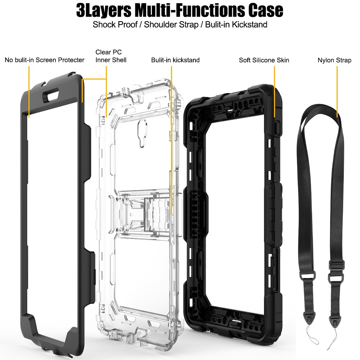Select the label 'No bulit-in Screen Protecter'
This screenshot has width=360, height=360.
(x=45, y=60)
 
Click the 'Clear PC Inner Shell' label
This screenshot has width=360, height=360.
(x=111, y=56)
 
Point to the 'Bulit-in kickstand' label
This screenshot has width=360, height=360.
(x=175, y=60)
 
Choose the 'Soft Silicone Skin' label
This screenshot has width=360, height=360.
(x=264, y=60)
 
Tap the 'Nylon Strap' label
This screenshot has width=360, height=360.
(x=334, y=60)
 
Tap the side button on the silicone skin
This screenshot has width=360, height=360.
(x=277, y=128)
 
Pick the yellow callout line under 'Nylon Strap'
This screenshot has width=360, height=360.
(x=337, y=90)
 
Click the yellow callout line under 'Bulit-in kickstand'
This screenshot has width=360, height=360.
(x=171, y=137)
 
